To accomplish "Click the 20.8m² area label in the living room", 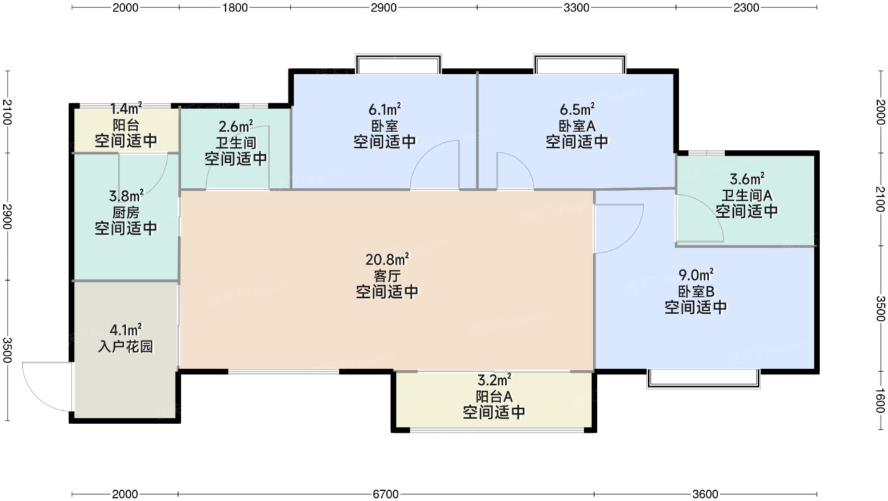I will [x=386, y=259].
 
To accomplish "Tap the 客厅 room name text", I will [x=386, y=276].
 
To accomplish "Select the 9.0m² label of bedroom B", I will [x=696, y=275].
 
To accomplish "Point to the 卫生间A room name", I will [x=747, y=194].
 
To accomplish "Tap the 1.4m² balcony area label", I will [x=126, y=109].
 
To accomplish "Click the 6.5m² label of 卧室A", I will [x=577, y=109].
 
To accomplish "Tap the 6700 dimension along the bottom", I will [x=386, y=493].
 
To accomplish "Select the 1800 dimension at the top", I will [x=235, y=8].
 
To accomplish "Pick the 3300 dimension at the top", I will [x=576, y=8].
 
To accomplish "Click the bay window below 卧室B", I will [x=703, y=378].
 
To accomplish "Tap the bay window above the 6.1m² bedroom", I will [x=398, y=64].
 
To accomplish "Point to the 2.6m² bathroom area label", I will [x=236, y=125].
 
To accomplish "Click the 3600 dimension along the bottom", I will [x=705, y=493].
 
